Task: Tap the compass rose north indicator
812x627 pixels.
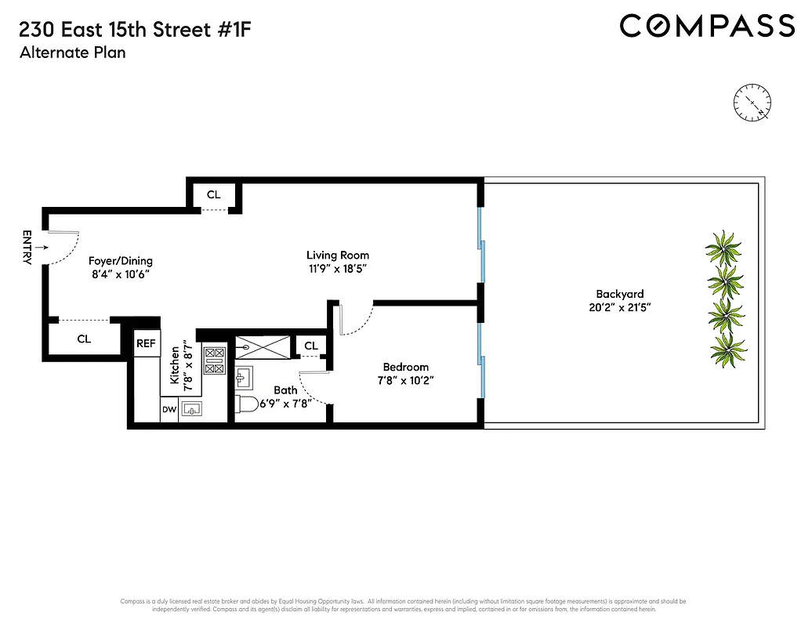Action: tap(752, 102)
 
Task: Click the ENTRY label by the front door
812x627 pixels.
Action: tap(27, 247)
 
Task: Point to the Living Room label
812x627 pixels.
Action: tap(337, 255)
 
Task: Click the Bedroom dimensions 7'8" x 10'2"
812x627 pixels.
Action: tap(405, 380)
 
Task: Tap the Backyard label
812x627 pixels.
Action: tap(619, 294)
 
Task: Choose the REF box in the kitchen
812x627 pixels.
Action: tap(146, 343)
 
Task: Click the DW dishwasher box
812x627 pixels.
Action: tap(169, 409)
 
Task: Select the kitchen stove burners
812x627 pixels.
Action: tap(213, 360)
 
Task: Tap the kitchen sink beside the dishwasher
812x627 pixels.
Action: tap(191, 409)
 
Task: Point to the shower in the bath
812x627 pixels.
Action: tap(261, 345)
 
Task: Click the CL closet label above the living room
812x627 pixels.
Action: tap(213, 194)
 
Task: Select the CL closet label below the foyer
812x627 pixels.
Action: tap(84, 339)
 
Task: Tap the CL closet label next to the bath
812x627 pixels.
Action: tap(310, 346)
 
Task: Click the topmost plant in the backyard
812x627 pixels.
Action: tap(723, 248)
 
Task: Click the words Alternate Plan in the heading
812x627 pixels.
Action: tap(71, 53)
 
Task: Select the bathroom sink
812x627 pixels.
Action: tap(242, 379)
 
